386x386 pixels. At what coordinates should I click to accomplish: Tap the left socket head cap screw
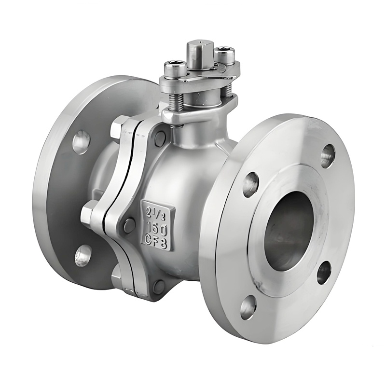(x=175, y=69)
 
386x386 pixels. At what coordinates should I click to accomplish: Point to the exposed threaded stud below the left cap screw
(x=176, y=99)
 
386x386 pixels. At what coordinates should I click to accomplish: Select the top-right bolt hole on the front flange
(x=328, y=156)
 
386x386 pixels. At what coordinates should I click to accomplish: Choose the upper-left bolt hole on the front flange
(x=250, y=184)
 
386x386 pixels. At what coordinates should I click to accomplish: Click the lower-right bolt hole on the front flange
(x=324, y=272)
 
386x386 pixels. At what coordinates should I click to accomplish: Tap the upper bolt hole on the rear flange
(x=81, y=142)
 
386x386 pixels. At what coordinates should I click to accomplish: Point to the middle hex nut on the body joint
(x=90, y=212)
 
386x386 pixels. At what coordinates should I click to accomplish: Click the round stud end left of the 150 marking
(x=129, y=225)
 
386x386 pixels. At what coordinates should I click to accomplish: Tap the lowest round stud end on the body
(x=159, y=287)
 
